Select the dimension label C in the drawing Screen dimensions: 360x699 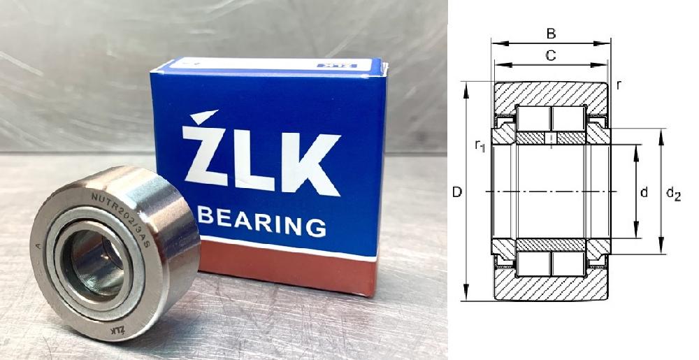[x=551, y=56]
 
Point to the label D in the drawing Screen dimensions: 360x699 [x=456, y=192]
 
